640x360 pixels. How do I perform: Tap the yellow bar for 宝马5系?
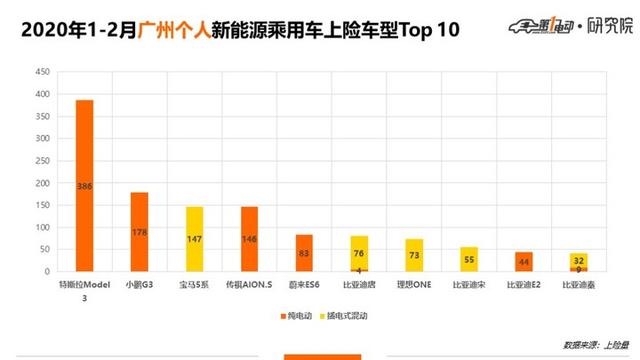click(194, 239)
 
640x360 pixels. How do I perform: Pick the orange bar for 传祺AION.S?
click(249, 239)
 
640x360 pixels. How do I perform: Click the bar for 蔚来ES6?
click(304, 253)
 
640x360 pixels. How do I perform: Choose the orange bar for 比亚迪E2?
click(523, 261)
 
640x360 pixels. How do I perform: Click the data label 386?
click(85, 187)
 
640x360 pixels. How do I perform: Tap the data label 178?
click(139, 232)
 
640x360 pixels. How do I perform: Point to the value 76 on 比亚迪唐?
click(359, 253)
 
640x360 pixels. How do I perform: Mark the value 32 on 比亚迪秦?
click(578, 259)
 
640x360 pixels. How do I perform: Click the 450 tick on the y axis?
click(43, 73)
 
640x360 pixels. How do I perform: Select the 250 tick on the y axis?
click(43, 161)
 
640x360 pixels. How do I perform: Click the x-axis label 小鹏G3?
click(139, 284)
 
